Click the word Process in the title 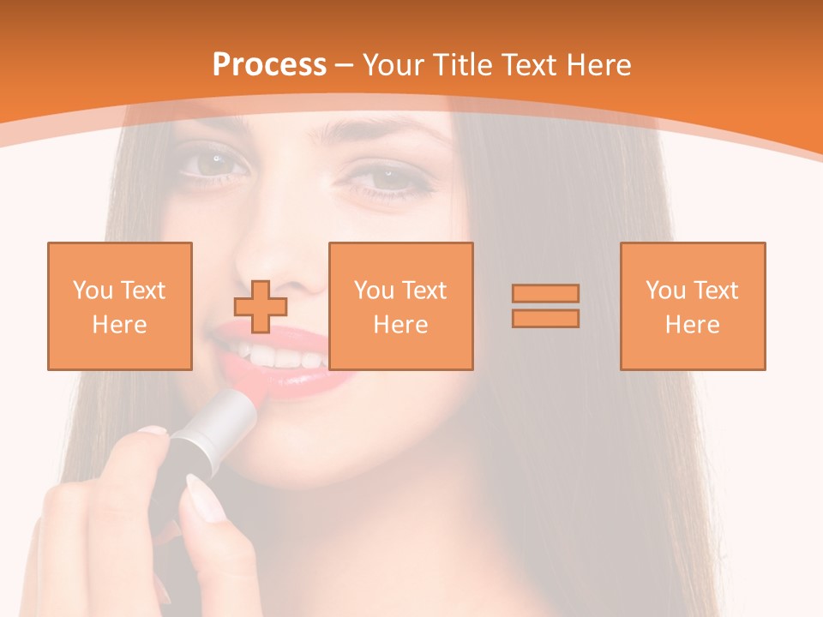click(269, 65)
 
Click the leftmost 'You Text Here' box click(120, 306)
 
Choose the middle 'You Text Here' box click(401, 306)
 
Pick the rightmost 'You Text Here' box click(693, 306)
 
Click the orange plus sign click(261, 306)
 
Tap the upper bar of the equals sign click(545, 293)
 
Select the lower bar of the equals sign click(545, 318)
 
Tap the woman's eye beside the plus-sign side click(210, 160)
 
